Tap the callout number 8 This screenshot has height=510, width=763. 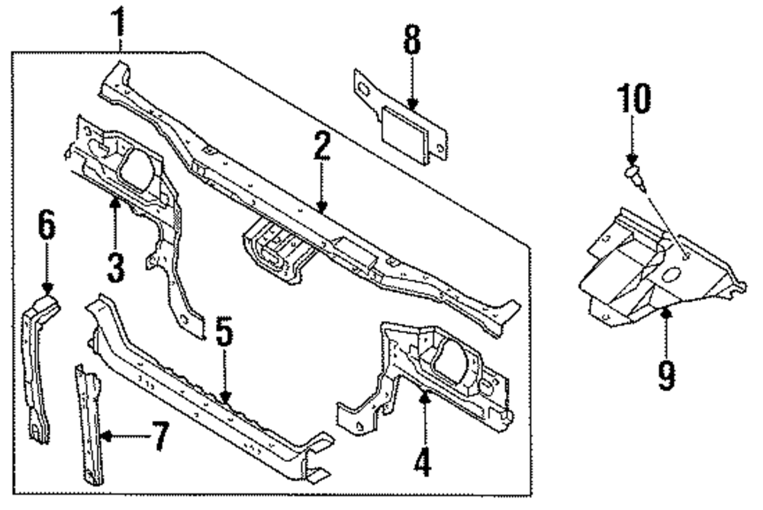coord(412,43)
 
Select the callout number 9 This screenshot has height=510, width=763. coord(667,376)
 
